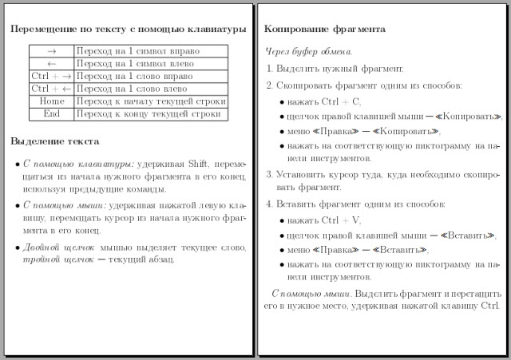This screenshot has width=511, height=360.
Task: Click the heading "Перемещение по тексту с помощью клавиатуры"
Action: click(128, 30)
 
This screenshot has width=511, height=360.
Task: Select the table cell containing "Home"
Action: click(52, 101)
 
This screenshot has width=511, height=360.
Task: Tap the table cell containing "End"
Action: click(52, 113)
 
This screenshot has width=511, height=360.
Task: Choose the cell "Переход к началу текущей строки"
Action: click(147, 101)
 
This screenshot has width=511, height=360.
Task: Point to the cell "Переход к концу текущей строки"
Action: click(147, 113)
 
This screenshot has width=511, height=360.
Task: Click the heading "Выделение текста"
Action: click(55, 141)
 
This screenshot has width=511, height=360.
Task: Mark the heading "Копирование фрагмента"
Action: click(325, 29)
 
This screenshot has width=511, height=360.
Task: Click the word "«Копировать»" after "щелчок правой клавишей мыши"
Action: click(472, 117)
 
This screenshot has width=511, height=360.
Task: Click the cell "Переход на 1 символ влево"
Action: click(135, 63)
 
